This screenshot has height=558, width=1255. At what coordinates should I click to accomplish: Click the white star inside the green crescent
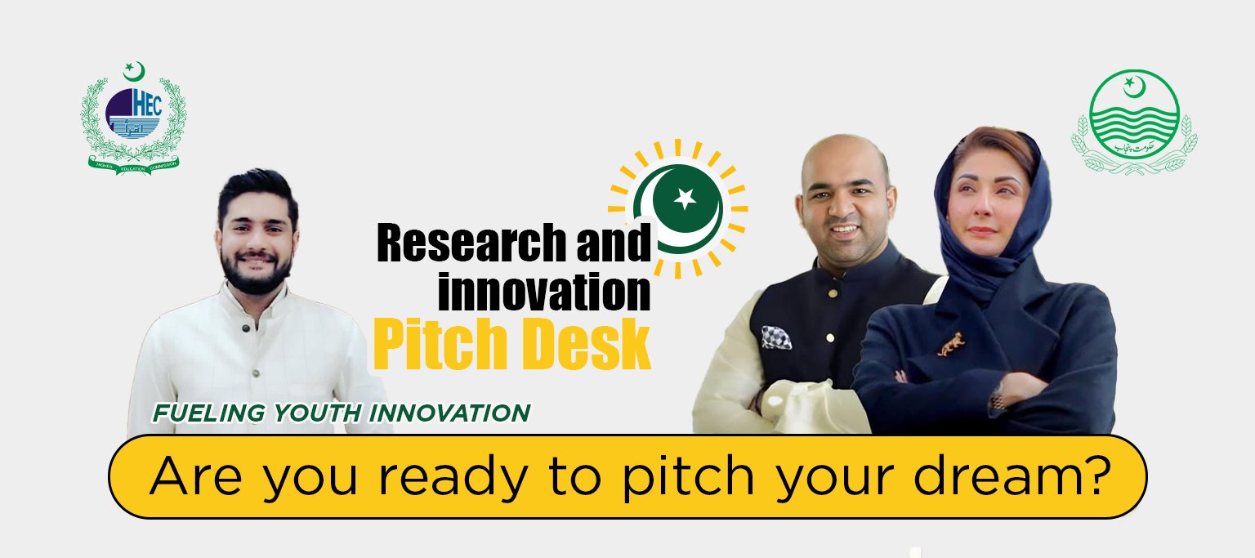684,197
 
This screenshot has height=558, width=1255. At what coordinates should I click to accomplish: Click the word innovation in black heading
544,292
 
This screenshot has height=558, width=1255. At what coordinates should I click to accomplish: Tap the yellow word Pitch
432,347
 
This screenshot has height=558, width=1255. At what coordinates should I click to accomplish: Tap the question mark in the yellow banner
1097,474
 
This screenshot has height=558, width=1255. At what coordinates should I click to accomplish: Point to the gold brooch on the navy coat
951,345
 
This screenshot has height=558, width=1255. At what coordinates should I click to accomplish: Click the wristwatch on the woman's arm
997,400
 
